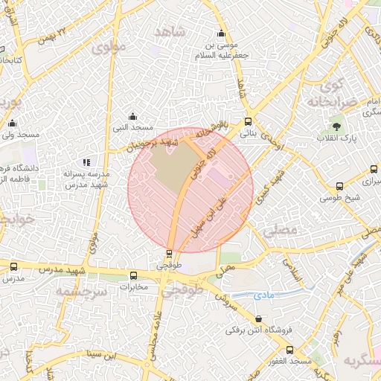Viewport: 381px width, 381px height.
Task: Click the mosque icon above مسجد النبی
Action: (132, 115)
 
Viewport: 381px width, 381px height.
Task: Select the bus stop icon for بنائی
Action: (248, 121)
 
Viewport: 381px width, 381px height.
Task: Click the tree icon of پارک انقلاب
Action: (336, 127)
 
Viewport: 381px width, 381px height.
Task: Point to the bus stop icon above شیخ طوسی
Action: (339, 187)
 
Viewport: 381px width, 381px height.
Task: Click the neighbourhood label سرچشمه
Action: (81, 291)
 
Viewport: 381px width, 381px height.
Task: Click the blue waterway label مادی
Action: (264, 295)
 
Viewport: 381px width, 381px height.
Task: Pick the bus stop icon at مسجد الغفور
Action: (289, 350)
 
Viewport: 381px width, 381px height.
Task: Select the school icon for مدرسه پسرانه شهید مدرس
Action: (86, 162)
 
